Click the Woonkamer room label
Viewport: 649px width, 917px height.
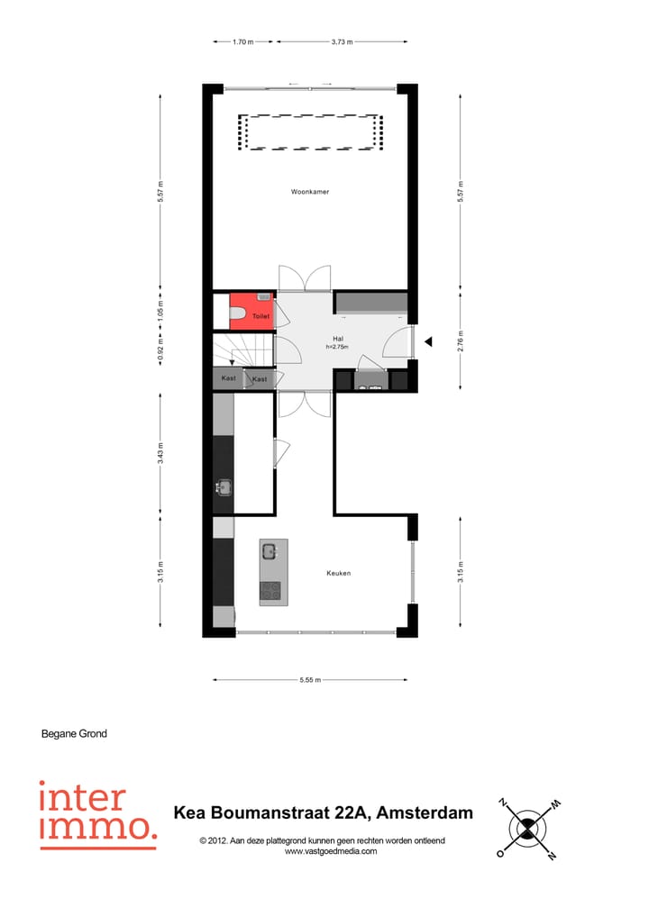[308, 192]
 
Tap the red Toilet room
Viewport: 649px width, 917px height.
[251, 311]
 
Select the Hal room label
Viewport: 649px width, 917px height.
[338, 338]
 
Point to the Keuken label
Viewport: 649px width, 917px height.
[338, 573]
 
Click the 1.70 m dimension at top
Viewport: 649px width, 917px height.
[242, 41]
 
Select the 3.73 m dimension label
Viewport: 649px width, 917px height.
[342, 41]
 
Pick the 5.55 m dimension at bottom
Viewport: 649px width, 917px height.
[309, 680]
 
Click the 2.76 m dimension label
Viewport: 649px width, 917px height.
[460, 341]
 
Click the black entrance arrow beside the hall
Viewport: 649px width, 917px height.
[430, 341]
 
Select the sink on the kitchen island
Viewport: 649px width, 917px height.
[270, 550]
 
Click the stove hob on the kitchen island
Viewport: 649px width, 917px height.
[270, 591]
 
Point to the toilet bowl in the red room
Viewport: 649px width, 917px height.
[238, 313]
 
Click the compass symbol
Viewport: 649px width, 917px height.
[526, 826]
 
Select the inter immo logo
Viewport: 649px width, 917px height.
[96, 814]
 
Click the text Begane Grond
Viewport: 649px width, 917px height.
[74, 733]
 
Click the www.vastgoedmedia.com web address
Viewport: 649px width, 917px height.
[331, 851]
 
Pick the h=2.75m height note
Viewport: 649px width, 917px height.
[338, 347]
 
